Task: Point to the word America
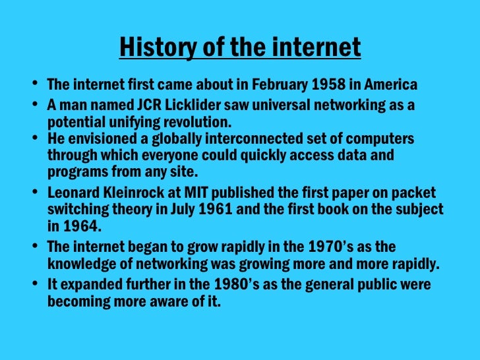click(390, 85)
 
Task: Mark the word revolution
click(195, 122)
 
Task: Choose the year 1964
click(78, 226)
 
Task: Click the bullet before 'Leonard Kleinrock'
click(35, 194)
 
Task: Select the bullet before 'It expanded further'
click(35, 285)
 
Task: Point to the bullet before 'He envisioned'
click(35, 139)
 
